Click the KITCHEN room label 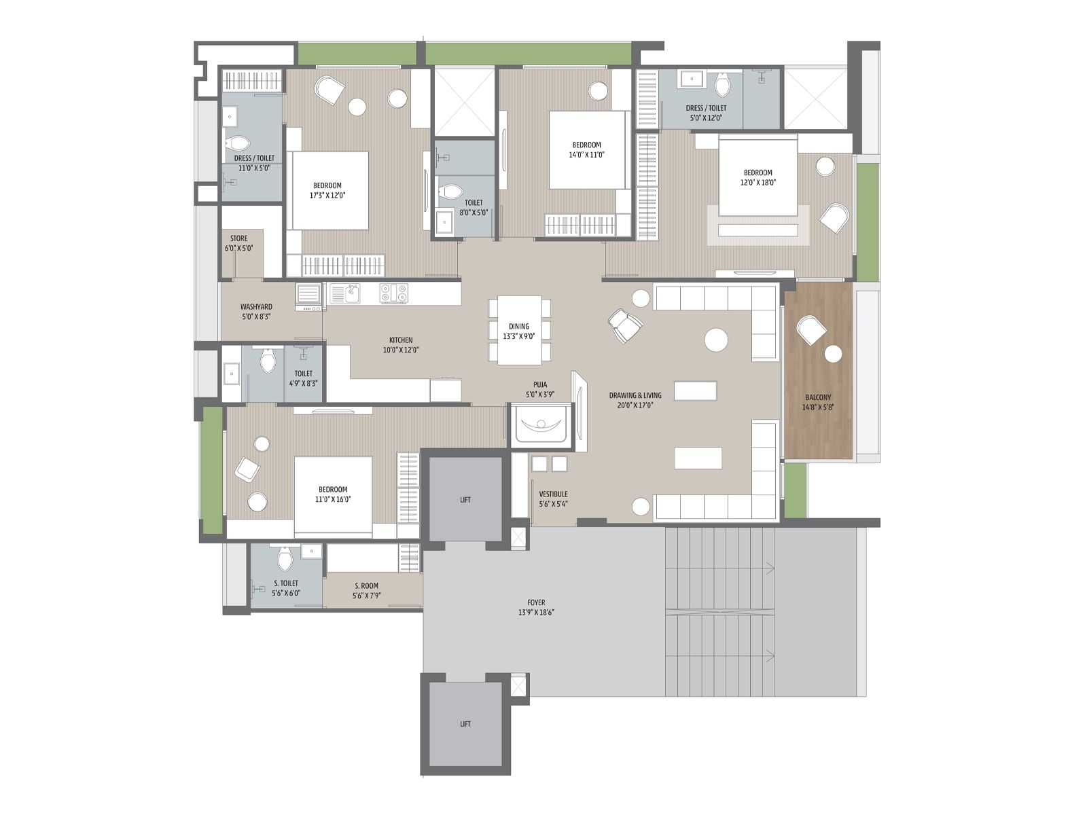(401, 340)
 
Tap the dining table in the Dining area (520, 330)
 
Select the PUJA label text (540, 384)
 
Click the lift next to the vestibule (465, 500)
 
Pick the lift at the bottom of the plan (465, 724)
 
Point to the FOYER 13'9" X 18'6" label (536, 607)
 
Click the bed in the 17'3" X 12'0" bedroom (330, 191)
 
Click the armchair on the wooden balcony (811, 329)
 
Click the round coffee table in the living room (716, 340)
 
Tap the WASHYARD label (256, 307)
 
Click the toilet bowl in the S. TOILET (285, 560)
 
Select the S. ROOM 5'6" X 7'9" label (366, 590)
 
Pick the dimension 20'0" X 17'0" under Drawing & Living (635, 405)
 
